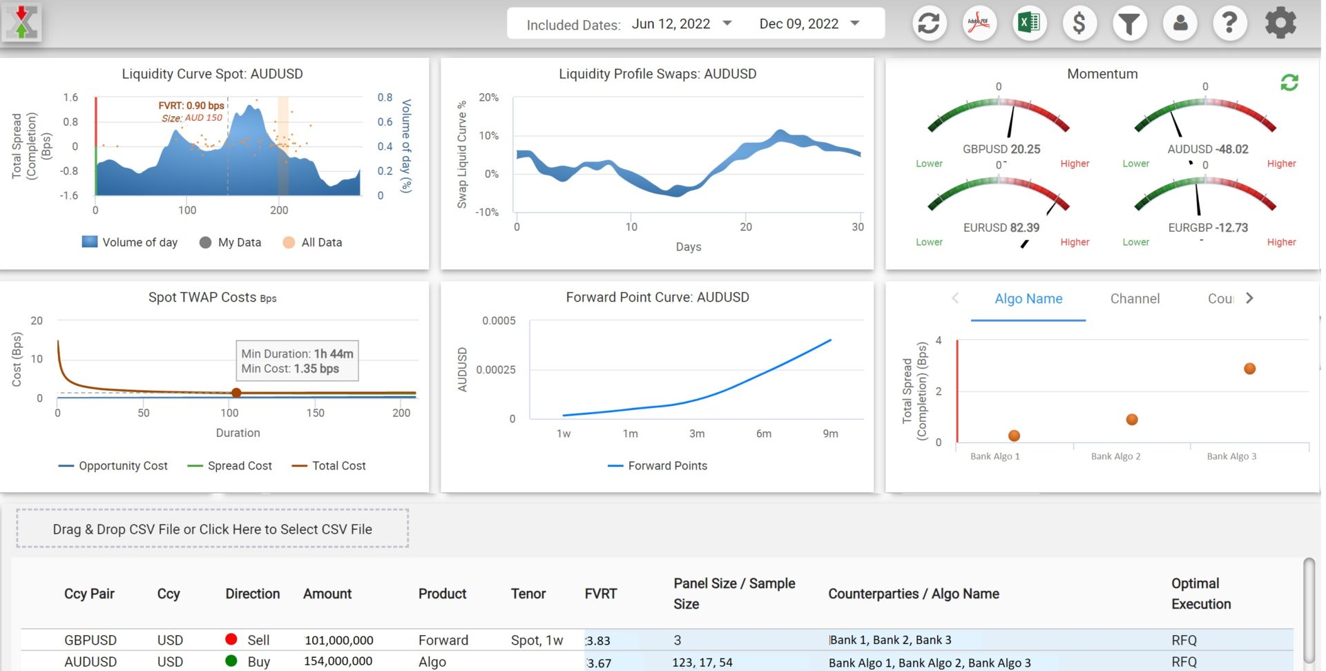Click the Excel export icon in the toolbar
click(1029, 23)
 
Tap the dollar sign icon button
click(1079, 23)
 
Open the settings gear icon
click(1280, 23)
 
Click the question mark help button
click(1229, 23)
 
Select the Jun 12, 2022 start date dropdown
click(681, 24)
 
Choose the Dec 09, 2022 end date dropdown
click(809, 24)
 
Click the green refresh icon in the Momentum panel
click(1289, 83)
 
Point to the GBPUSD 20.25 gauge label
click(1001, 149)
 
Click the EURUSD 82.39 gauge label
click(1001, 228)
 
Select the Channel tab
click(1134, 299)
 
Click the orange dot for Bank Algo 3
click(1249, 369)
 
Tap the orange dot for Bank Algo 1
click(1013, 436)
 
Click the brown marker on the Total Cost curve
click(236, 393)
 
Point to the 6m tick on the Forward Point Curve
click(763, 434)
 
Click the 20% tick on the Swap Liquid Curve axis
click(488, 97)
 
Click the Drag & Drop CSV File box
click(212, 529)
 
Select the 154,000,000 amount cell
click(338, 661)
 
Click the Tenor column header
click(528, 594)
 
